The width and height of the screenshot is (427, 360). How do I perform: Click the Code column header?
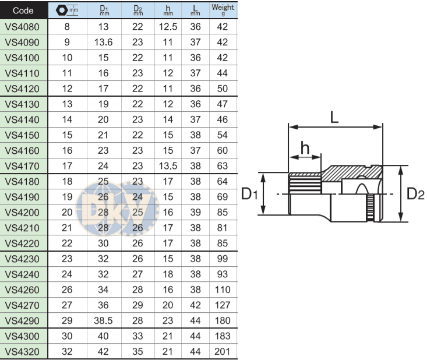click(x=23, y=10)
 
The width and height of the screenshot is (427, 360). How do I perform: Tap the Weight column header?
click(x=223, y=10)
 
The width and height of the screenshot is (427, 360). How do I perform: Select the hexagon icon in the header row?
click(x=62, y=10)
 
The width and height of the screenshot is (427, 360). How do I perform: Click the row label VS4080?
click(x=23, y=27)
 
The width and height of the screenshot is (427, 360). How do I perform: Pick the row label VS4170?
click(x=23, y=165)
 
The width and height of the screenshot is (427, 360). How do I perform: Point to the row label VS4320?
click(x=23, y=351)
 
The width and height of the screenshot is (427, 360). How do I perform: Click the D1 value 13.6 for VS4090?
click(x=104, y=43)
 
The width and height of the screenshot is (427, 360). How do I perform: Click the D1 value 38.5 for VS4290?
click(x=104, y=320)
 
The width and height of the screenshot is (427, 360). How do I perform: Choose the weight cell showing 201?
click(x=223, y=351)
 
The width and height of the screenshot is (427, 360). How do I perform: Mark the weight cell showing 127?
click(x=223, y=305)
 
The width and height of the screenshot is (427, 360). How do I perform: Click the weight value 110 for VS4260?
click(x=223, y=290)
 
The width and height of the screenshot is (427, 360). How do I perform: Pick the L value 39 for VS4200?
click(x=196, y=212)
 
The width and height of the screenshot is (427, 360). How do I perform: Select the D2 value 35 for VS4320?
click(x=137, y=351)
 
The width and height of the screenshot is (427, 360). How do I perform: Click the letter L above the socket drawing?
click(x=334, y=117)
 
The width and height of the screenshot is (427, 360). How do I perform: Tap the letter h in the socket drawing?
click(x=305, y=147)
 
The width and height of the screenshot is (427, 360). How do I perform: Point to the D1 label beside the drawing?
click(x=249, y=193)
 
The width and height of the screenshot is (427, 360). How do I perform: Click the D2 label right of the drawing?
click(x=415, y=193)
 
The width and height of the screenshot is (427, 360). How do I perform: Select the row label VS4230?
click(x=23, y=259)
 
